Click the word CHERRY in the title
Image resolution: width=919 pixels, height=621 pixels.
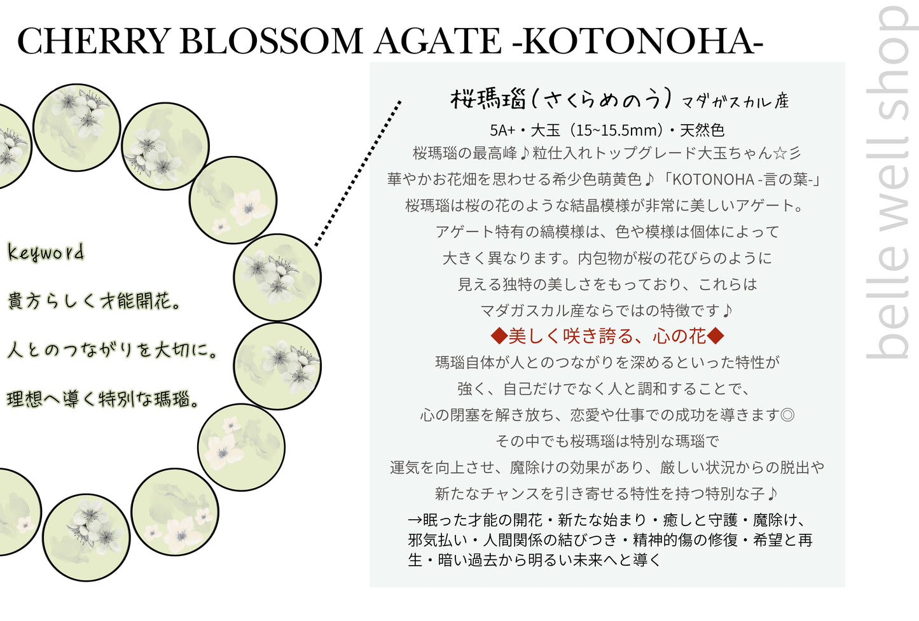pyautogui.click(x=93, y=41)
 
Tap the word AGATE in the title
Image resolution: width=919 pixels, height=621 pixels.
pyautogui.click(x=438, y=41)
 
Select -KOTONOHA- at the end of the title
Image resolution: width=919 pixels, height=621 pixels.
pyautogui.click(x=637, y=41)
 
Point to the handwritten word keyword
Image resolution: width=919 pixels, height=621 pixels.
pyautogui.click(x=45, y=253)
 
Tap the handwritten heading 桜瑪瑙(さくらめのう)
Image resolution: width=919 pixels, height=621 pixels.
pyautogui.click(x=560, y=99)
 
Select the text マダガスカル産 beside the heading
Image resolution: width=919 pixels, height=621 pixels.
pyautogui.click(x=735, y=101)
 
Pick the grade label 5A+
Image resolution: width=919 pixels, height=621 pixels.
pyautogui.click(x=502, y=130)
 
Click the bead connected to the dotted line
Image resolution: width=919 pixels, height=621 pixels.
pyautogui.click(x=277, y=277)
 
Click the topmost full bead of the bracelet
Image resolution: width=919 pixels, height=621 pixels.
pyautogui.click(x=76, y=127)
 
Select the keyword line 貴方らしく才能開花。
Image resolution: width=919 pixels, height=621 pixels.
pyautogui.click(x=93, y=300)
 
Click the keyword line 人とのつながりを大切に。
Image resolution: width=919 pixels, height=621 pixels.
pyautogui.click(x=113, y=349)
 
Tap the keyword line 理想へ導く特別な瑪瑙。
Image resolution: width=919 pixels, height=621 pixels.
pyautogui.click(x=104, y=399)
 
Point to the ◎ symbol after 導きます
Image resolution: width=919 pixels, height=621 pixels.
pyautogui.click(x=787, y=415)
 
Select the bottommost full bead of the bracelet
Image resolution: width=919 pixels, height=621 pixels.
pyautogui.click(x=86, y=537)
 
